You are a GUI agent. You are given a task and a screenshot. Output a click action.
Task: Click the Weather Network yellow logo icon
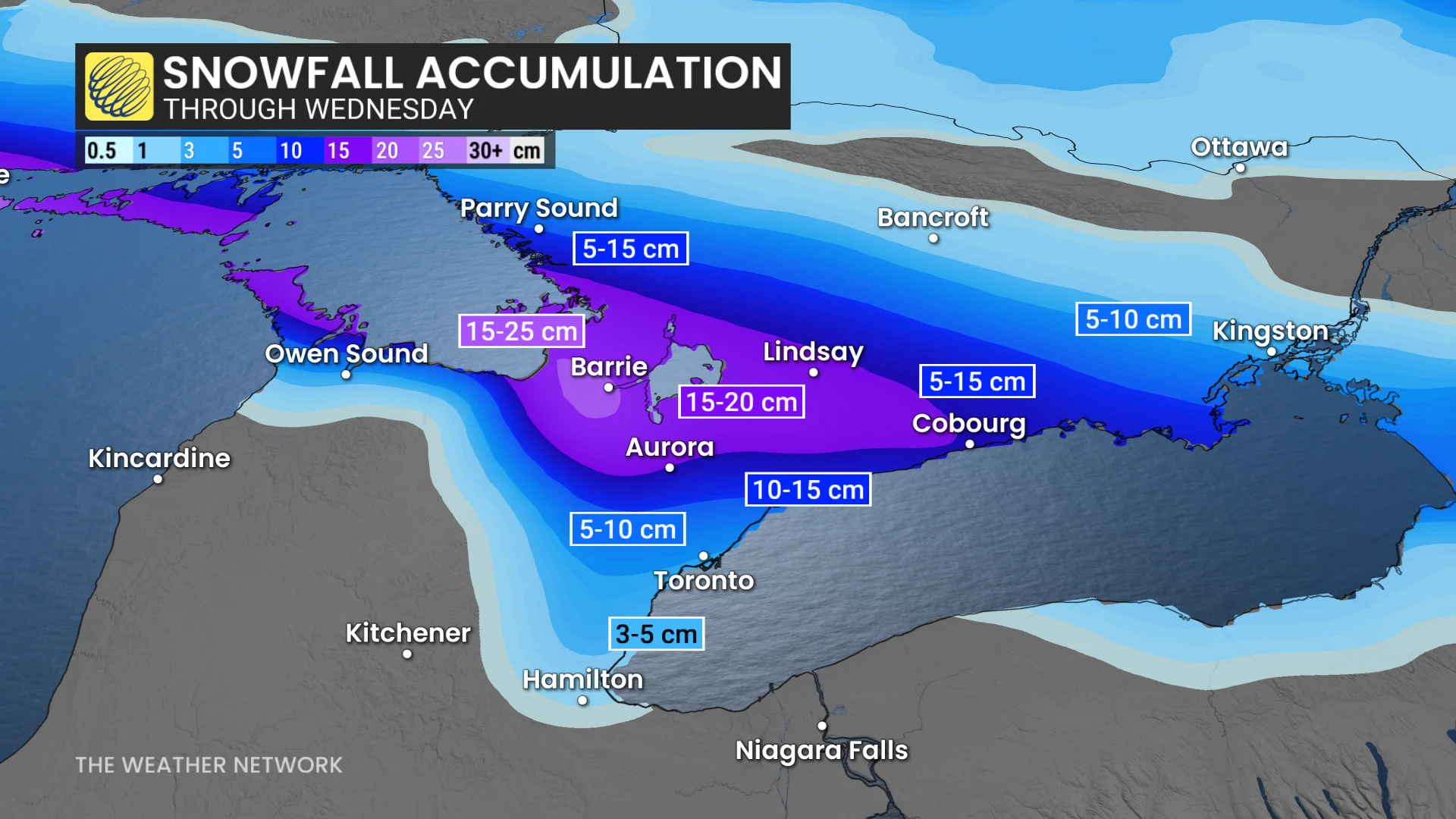point(119,86)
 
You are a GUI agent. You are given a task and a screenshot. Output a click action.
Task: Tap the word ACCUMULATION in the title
point(598,73)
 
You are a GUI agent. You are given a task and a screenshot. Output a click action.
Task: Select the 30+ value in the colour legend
point(485,150)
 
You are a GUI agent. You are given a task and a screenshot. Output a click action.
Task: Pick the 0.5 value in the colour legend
point(102,150)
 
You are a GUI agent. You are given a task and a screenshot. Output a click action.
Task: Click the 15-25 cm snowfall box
point(522,331)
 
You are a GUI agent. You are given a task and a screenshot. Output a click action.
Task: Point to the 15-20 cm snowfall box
point(742,402)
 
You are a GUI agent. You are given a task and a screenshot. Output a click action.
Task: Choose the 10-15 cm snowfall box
point(808,490)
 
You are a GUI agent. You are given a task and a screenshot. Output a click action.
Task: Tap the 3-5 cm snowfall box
point(656,634)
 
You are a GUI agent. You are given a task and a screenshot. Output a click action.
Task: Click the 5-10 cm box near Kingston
point(1133,319)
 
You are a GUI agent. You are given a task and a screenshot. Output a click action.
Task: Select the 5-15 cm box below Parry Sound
point(630,249)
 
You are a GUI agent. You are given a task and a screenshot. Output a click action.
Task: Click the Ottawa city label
point(1239,147)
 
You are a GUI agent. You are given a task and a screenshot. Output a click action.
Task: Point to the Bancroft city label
point(933,218)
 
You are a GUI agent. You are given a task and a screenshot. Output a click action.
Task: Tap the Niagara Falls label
point(821,750)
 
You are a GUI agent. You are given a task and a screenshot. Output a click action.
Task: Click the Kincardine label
point(159,458)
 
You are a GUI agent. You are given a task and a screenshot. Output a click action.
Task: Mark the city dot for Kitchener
point(407,654)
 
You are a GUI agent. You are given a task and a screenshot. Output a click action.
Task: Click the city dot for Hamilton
point(582,701)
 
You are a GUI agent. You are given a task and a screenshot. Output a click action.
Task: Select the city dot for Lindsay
point(814,372)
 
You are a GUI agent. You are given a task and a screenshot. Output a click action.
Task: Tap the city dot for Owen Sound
point(346,375)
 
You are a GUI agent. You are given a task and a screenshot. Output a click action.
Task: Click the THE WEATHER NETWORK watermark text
point(209,765)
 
